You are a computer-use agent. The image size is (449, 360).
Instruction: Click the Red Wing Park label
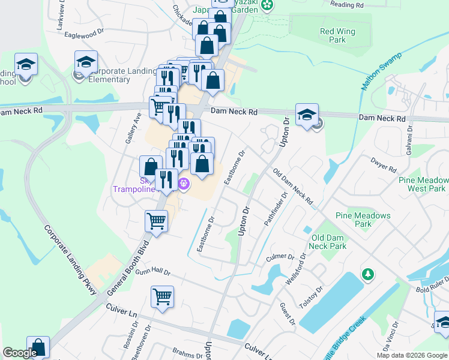337,35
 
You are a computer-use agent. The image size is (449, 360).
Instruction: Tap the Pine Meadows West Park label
422,184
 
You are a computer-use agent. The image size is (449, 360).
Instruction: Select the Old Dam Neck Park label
328,242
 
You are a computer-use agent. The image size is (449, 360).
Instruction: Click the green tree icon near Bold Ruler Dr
367,274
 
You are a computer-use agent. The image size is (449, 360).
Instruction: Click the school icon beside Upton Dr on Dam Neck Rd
307,115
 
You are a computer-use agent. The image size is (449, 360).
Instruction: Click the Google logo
20,353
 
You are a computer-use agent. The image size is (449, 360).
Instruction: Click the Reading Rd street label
347,5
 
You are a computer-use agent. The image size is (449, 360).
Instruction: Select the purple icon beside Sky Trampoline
184,185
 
